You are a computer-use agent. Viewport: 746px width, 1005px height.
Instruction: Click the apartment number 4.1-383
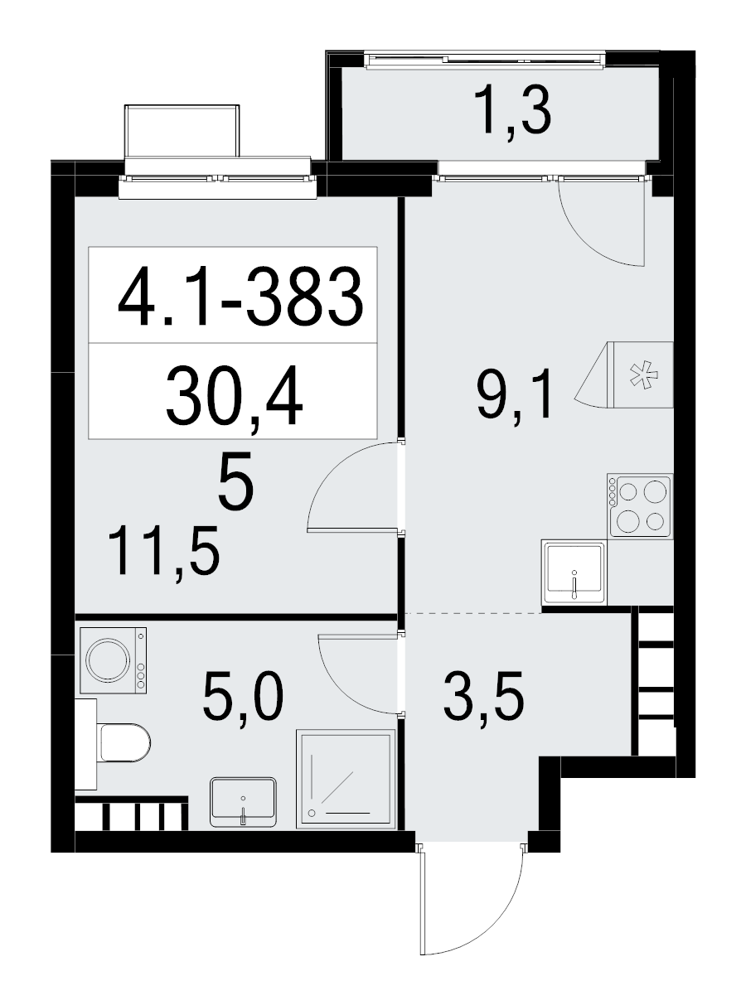[x=240, y=297]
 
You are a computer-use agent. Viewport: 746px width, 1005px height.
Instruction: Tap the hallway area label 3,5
[x=484, y=698]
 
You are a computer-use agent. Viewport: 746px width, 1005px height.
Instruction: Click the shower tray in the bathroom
[x=346, y=780]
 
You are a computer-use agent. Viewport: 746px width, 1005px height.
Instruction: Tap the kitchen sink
[x=574, y=573]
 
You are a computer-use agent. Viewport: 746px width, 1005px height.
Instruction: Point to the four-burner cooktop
[x=640, y=505]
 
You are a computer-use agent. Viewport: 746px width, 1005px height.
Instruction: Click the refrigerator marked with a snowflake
[x=624, y=375]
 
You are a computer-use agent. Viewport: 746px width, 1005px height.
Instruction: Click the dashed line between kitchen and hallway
[x=473, y=613]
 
